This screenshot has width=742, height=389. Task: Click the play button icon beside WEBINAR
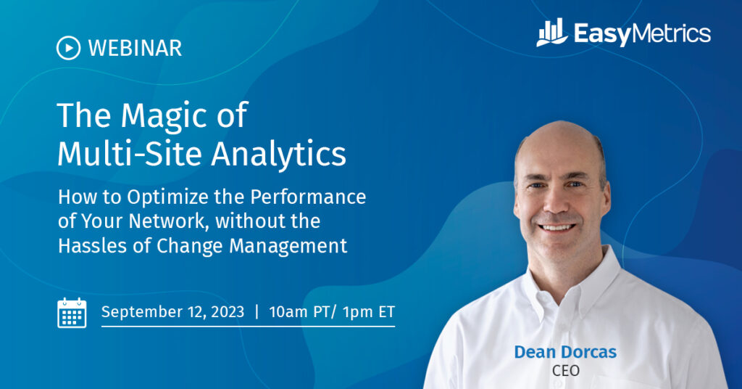(68, 48)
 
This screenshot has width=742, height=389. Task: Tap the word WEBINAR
(135, 49)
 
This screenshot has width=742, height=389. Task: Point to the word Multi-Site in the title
(130, 154)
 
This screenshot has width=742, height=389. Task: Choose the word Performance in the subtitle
(308, 197)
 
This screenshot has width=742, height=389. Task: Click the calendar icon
(72, 313)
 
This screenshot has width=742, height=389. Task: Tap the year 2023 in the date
(228, 312)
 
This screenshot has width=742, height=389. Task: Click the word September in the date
(143, 312)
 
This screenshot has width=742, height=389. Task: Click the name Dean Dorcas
(565, 352)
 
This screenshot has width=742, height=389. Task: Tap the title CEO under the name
(565, 371)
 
